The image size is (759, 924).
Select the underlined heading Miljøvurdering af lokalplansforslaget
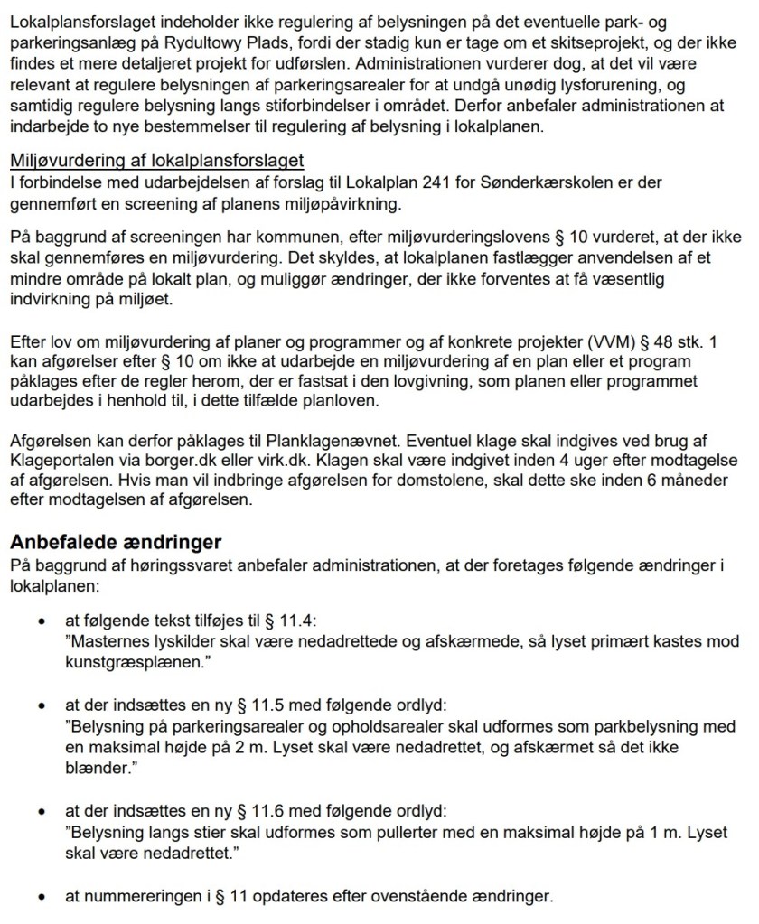(156, 161)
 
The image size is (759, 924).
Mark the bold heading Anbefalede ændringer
(116, 543)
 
